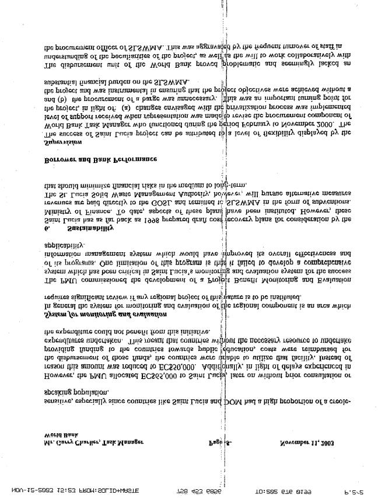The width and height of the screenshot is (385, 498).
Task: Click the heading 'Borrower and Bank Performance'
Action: point(101,159)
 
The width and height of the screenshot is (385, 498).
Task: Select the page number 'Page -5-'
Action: point(220,443)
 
